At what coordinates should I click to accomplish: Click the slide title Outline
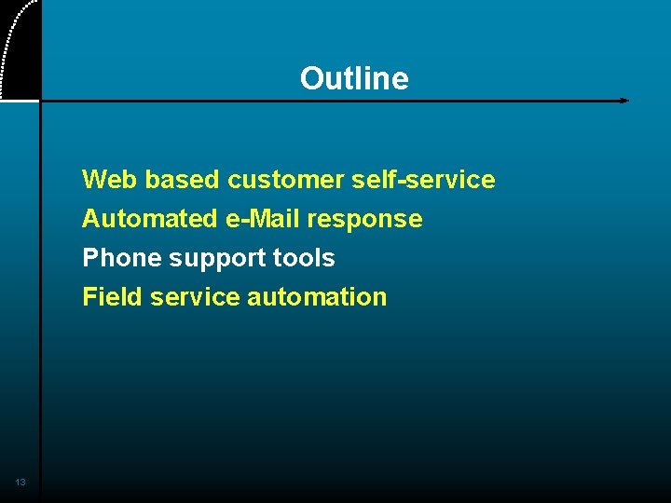click(x=354, y=78)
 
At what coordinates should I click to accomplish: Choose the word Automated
click(x=149, y=219)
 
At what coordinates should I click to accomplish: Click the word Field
click(x=112, y=297)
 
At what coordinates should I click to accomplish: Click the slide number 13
click(x=21, y=482)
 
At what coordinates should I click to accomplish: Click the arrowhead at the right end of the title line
click(x=624, y=101)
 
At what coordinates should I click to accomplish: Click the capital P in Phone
click(x=90, y=258)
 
